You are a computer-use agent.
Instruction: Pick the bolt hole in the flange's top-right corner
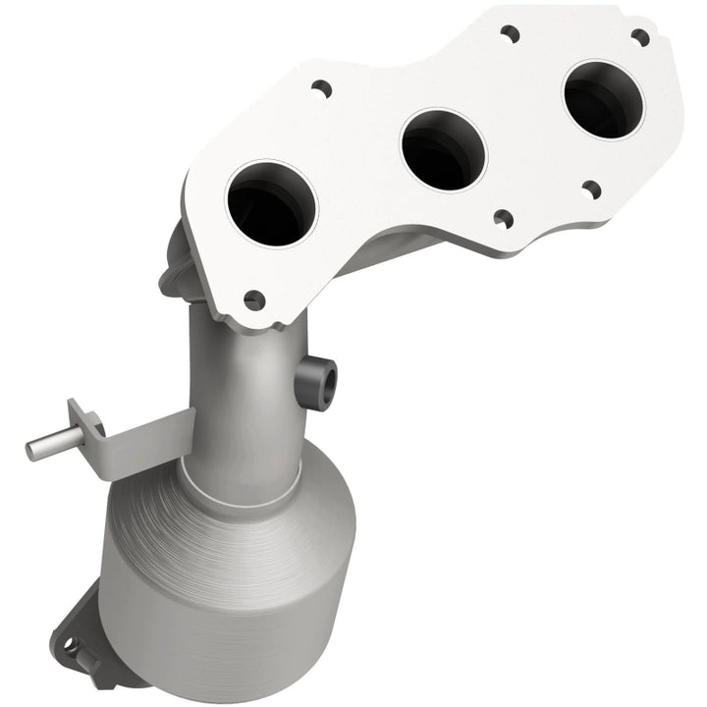click(x=639, y=37)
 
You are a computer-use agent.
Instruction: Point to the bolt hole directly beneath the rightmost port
click(x=590, y=189)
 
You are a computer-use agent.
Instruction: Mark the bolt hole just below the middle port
click(x=502, y=218)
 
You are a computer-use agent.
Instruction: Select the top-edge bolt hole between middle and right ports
click(x=509, y=33)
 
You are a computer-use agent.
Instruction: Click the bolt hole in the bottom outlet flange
click(x=70, y=646)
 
